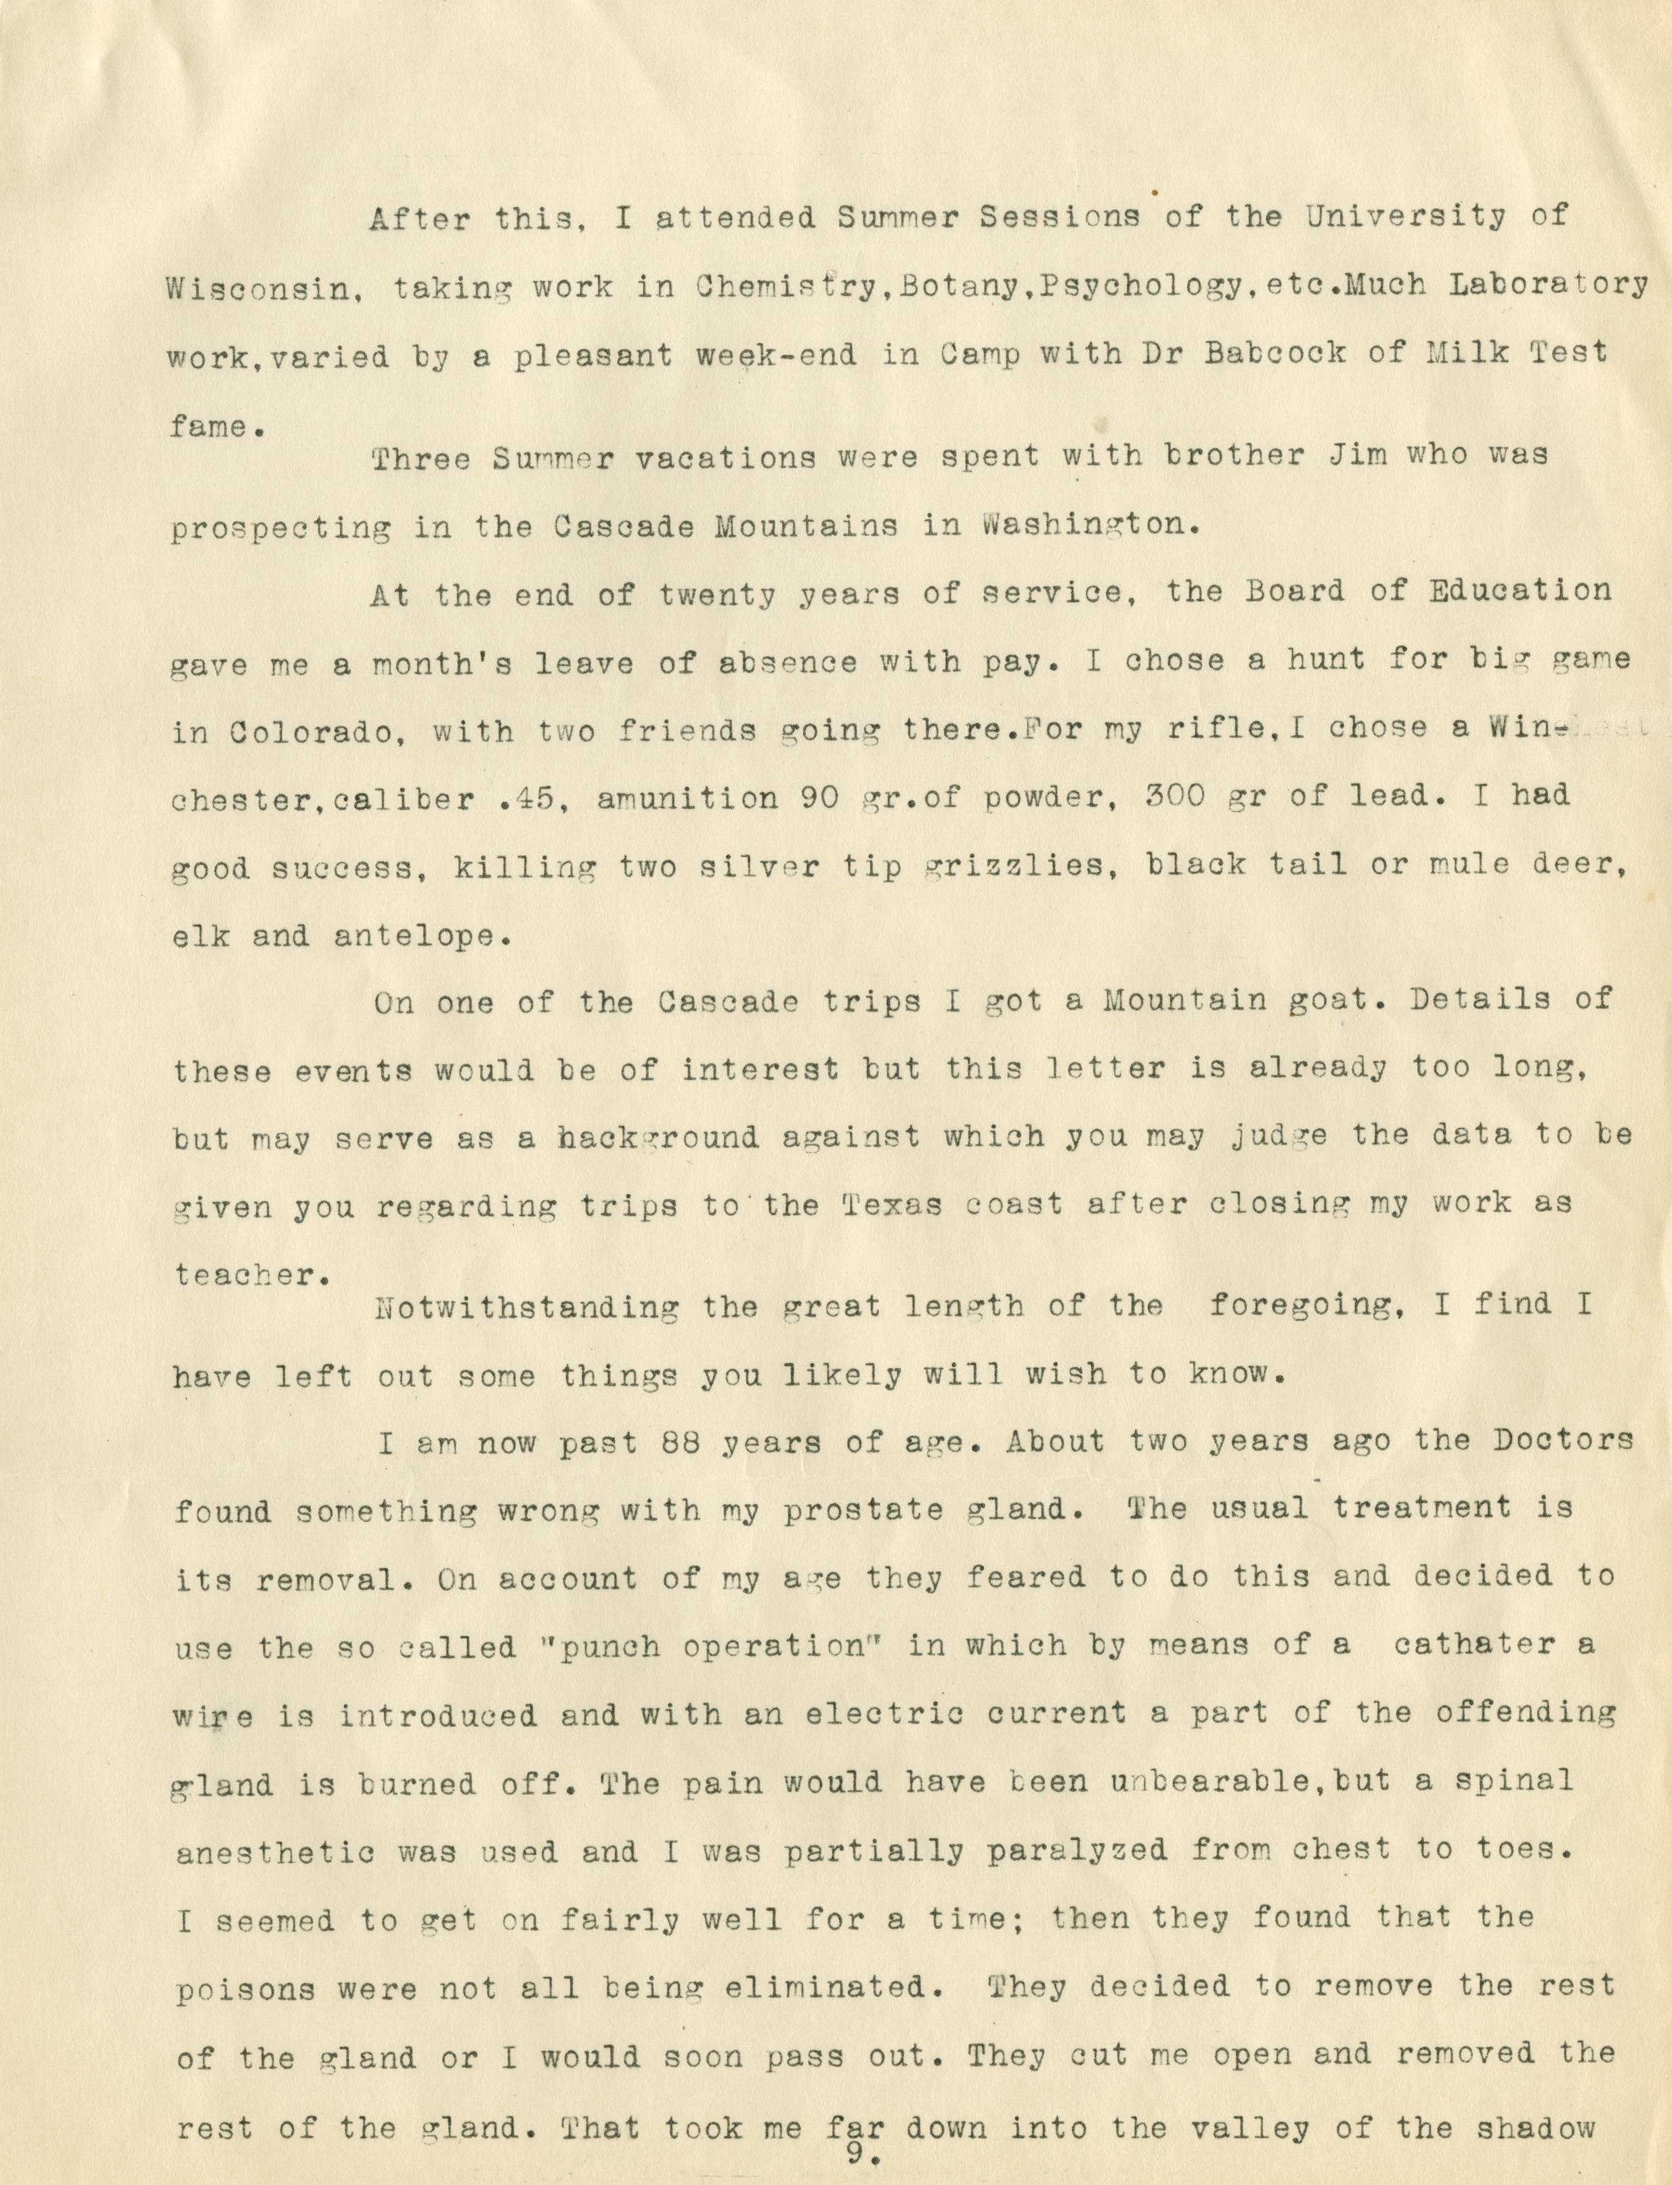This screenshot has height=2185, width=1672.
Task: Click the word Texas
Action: (x=903, y=1205)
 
